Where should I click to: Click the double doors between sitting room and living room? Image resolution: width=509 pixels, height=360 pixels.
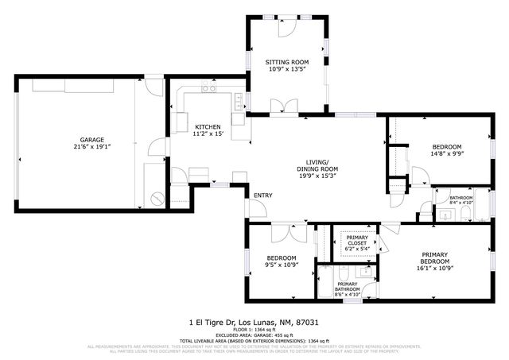pos(279,106)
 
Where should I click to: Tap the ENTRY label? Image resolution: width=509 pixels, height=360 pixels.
pos(262,195)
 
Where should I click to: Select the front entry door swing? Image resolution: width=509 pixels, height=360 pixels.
pos(257,208)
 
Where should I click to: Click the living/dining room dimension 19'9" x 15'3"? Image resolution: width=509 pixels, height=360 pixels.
pos(317,177)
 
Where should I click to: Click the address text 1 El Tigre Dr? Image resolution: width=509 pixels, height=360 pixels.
pos(213,323)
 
